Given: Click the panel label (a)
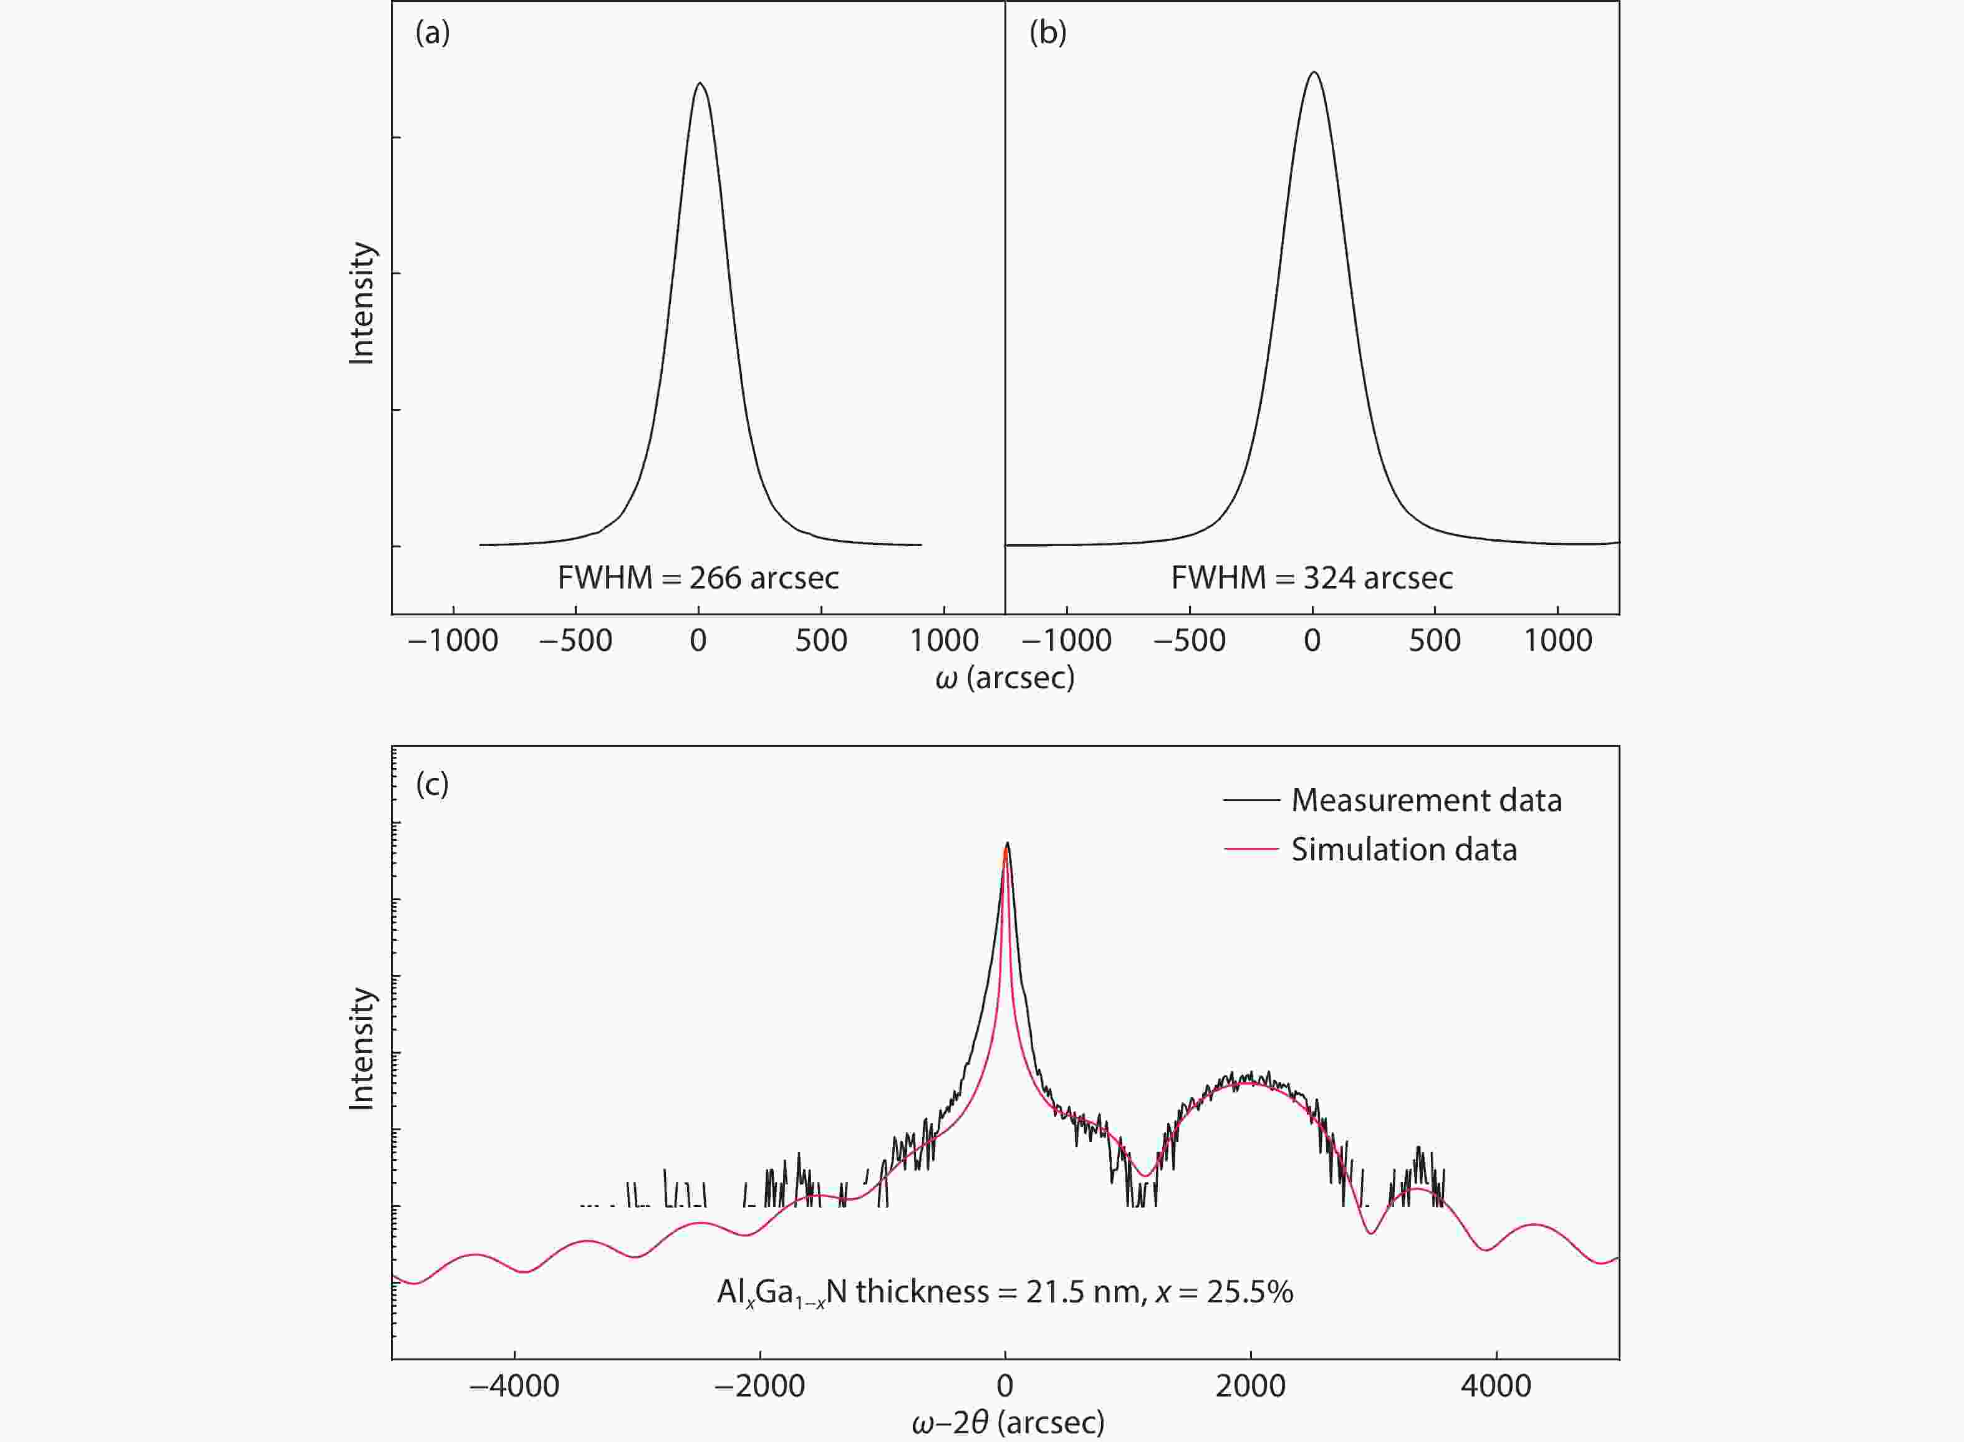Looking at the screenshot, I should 432,33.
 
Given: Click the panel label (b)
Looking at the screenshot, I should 1047,33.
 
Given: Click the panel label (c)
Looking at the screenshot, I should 432,784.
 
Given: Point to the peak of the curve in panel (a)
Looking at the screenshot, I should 700,84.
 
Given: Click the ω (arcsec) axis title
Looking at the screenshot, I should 1004,677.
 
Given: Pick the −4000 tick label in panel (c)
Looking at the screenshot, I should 514,1386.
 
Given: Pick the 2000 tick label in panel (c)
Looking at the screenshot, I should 1250,1386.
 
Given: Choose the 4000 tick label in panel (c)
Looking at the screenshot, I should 1496,1386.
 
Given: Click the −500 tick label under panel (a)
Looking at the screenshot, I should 575,641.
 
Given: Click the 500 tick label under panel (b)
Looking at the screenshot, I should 1434,641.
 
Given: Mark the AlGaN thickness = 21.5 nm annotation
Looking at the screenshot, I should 1004,1292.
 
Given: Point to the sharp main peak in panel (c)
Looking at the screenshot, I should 1006,845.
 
